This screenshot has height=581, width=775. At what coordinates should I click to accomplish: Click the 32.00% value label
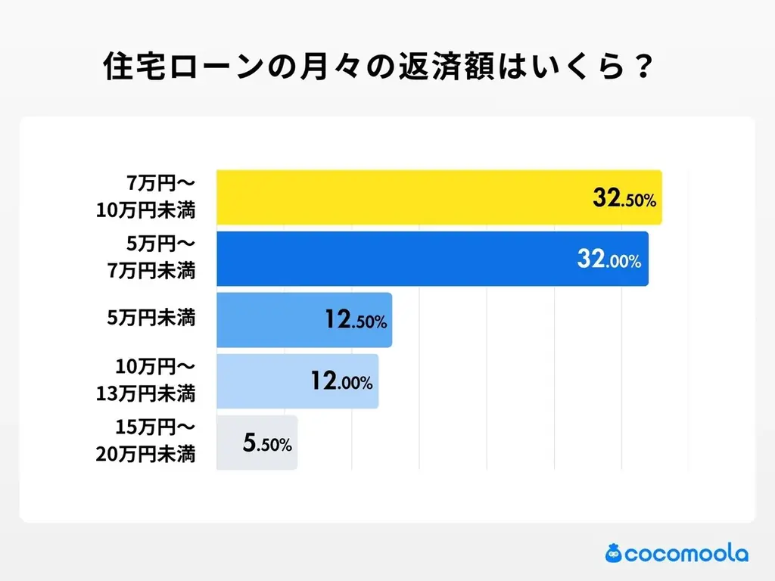[608, 261]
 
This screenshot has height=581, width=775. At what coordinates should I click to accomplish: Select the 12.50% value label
[356, 321]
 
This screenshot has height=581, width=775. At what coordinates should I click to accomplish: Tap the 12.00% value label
[341, 381]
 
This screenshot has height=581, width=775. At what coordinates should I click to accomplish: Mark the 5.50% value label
[266, 444]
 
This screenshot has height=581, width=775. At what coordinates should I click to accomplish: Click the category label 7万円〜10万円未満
[146, 197]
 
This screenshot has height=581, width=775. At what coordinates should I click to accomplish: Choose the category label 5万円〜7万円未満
[151, 258]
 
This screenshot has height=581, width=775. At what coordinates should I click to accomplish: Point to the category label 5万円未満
[151, 319]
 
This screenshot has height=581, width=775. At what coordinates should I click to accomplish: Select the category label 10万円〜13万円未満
[146, 381]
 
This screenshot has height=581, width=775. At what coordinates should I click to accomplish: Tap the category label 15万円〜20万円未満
[146, 443]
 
